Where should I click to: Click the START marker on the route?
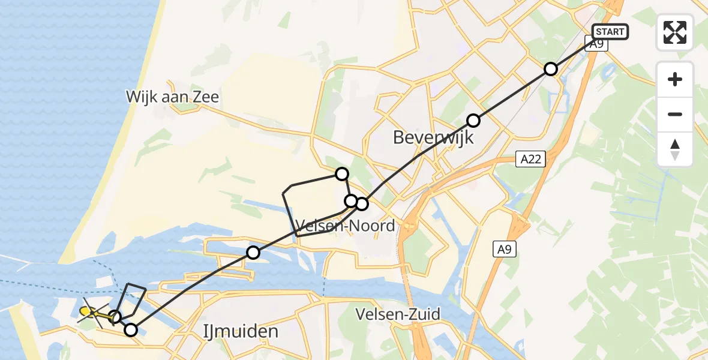pos(610,31)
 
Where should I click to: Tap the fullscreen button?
pos(675,32)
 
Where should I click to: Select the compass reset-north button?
pos(675,149)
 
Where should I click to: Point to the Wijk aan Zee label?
pos(172,97)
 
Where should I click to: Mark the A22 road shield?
pos(526,159)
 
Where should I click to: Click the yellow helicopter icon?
pos(86,311)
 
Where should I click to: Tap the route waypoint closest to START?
pos(551,69)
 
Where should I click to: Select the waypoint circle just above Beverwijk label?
pos(473,121)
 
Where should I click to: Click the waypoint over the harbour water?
pos(253,253)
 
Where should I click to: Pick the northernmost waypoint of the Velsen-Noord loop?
pos(341,174)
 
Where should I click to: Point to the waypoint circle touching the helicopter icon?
pos(115,316)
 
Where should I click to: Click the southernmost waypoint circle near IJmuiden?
pos(130,329)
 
